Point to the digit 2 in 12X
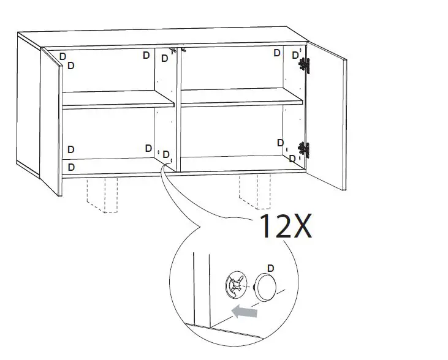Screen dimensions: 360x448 pyautogui.click(x=284, y=227)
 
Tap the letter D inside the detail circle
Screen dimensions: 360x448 pyautogui.click(x=271, y=268)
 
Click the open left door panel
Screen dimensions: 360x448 pyautogui.click(x=51, y=122)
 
